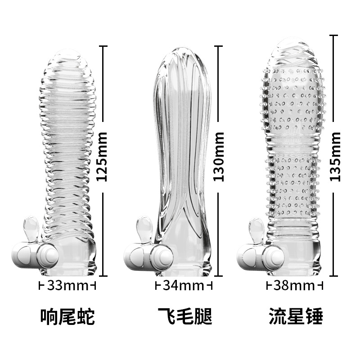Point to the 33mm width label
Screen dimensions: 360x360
[67, 285]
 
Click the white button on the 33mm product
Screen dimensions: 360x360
[46, 254]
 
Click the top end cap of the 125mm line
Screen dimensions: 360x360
[103, 46]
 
